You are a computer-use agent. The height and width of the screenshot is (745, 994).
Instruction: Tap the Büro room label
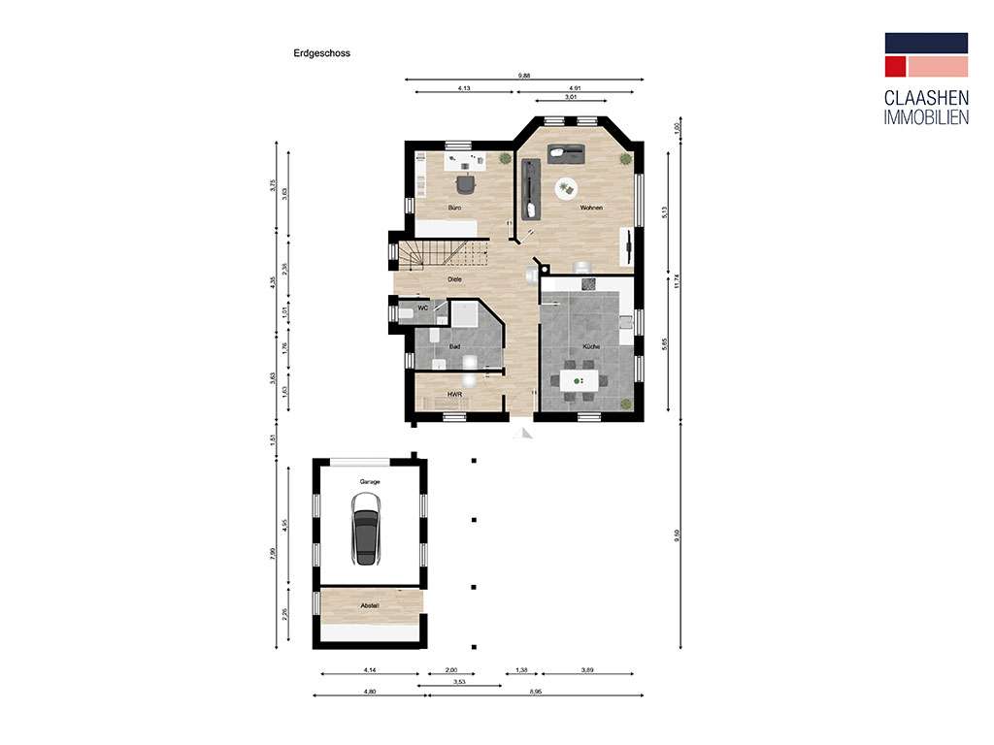click(453, 209)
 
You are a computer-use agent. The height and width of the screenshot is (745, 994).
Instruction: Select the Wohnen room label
click(591, 209)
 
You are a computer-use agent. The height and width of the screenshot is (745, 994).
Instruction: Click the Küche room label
click(591, 346)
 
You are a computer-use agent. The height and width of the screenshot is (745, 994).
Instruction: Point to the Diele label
click(453, 279)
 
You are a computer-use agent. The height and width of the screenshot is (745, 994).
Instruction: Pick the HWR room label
click(453, 395)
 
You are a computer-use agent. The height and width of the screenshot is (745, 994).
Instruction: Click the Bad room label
click(453, 346)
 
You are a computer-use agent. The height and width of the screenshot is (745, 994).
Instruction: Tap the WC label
click(422, 308)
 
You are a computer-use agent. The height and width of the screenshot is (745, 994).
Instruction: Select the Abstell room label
click(370, 606)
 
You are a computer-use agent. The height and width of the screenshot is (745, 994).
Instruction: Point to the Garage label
click(369, 481)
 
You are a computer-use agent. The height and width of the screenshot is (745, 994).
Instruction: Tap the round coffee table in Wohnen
click(565, 188)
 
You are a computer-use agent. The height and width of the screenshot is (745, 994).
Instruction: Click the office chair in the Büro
click(467, 182)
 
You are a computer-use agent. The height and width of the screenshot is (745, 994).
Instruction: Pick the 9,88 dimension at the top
click(524, 75)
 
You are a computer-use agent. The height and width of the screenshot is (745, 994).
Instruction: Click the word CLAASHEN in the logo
click(926, 99)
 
